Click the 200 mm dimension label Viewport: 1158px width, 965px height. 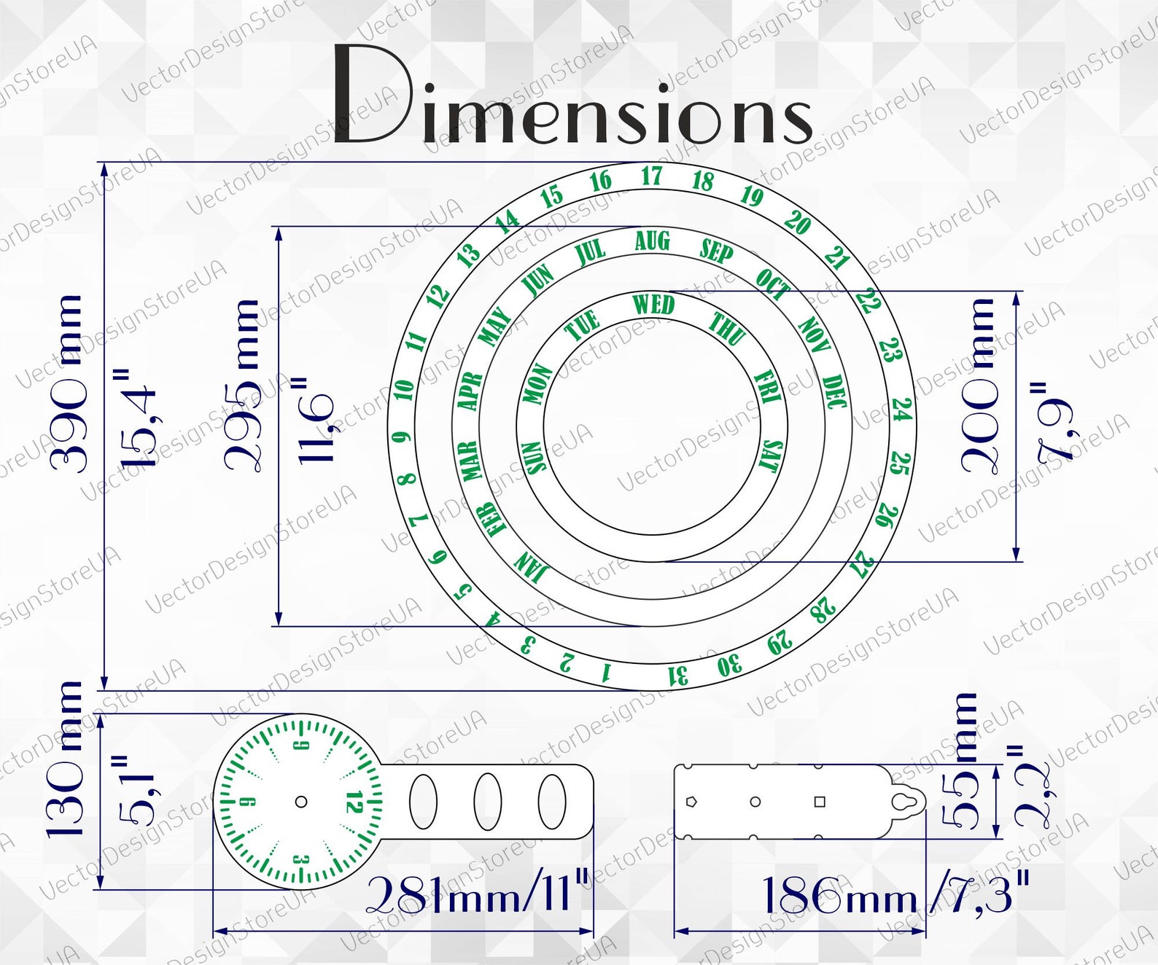pyautogui.click(x=977, y=386)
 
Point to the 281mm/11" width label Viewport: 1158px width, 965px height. pyautogui.click(x=478, y=894)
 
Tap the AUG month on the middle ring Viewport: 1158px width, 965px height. pyautogui.click(x=652, y=241)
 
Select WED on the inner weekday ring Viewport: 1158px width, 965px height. pyautogui.click(x=653, y=304)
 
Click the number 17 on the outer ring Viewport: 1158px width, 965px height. pyautogui.click(x=652, y=176)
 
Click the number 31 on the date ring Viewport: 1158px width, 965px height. pyautogui.click(x=678, y=676)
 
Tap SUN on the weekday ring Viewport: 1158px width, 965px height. pyautogui.click(x=536, y=457)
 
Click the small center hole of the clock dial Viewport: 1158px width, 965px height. pyautogui.click(x=301, y=802)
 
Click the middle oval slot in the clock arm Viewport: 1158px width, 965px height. pyautogui.click(x=488, y=802)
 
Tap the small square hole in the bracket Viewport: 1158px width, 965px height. pyautogui.click(x=820, y=802)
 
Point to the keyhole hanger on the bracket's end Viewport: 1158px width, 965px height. pyautogui.click(x=909, y=802)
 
